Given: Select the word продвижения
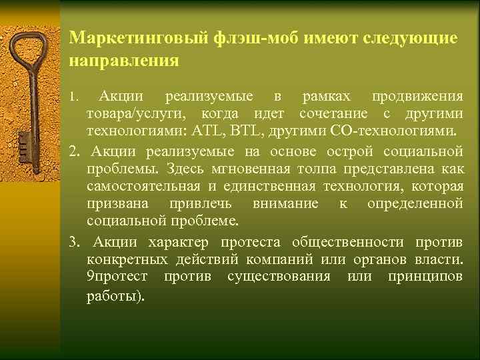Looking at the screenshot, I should pos(417,97).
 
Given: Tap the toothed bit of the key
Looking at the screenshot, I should pos(23,143).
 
